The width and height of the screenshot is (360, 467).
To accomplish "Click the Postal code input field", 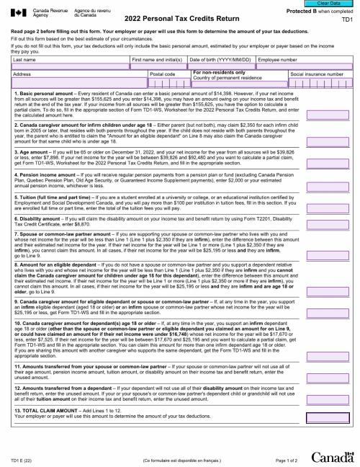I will (x=168, y=84).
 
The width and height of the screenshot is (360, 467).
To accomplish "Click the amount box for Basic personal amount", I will (x=328, y=114).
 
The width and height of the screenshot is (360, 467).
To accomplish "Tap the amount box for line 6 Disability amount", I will (x=328, y=225).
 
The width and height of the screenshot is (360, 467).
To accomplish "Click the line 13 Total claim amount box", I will (x=328, y=417).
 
